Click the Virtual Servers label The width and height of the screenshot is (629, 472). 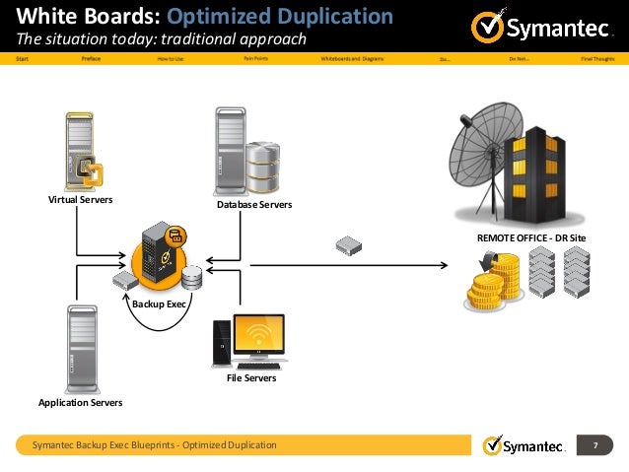tap(81, 199)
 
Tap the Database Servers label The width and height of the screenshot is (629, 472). tap(247, 204)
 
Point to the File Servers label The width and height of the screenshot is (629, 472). tap(251, 377)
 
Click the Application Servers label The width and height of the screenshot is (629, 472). tap(81, 402)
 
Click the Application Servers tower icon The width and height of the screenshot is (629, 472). tap(82, 348)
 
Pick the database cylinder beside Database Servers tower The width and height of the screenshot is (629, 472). tap(263, 168)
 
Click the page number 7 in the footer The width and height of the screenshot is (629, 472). tap(595, 446)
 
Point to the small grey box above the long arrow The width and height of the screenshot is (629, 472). tap(347, 242)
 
